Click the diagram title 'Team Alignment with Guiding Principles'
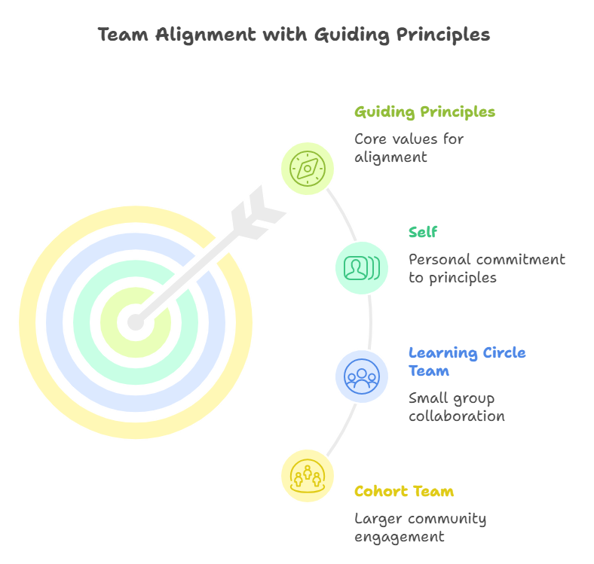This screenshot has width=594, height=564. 293,35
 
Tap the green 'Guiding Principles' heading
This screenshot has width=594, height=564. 424,112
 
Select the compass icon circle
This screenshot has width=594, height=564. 308,168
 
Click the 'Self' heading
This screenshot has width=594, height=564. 422,232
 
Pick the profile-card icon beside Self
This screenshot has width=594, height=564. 362,267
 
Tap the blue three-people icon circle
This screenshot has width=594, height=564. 362,376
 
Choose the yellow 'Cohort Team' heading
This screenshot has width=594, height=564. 404,492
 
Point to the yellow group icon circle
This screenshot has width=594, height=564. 308,475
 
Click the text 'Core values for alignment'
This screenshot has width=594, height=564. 409,148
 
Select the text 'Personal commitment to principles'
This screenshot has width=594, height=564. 486,268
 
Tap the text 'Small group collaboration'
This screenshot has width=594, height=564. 456,407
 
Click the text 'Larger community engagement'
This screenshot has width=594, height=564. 420,527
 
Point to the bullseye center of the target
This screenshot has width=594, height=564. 135,323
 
